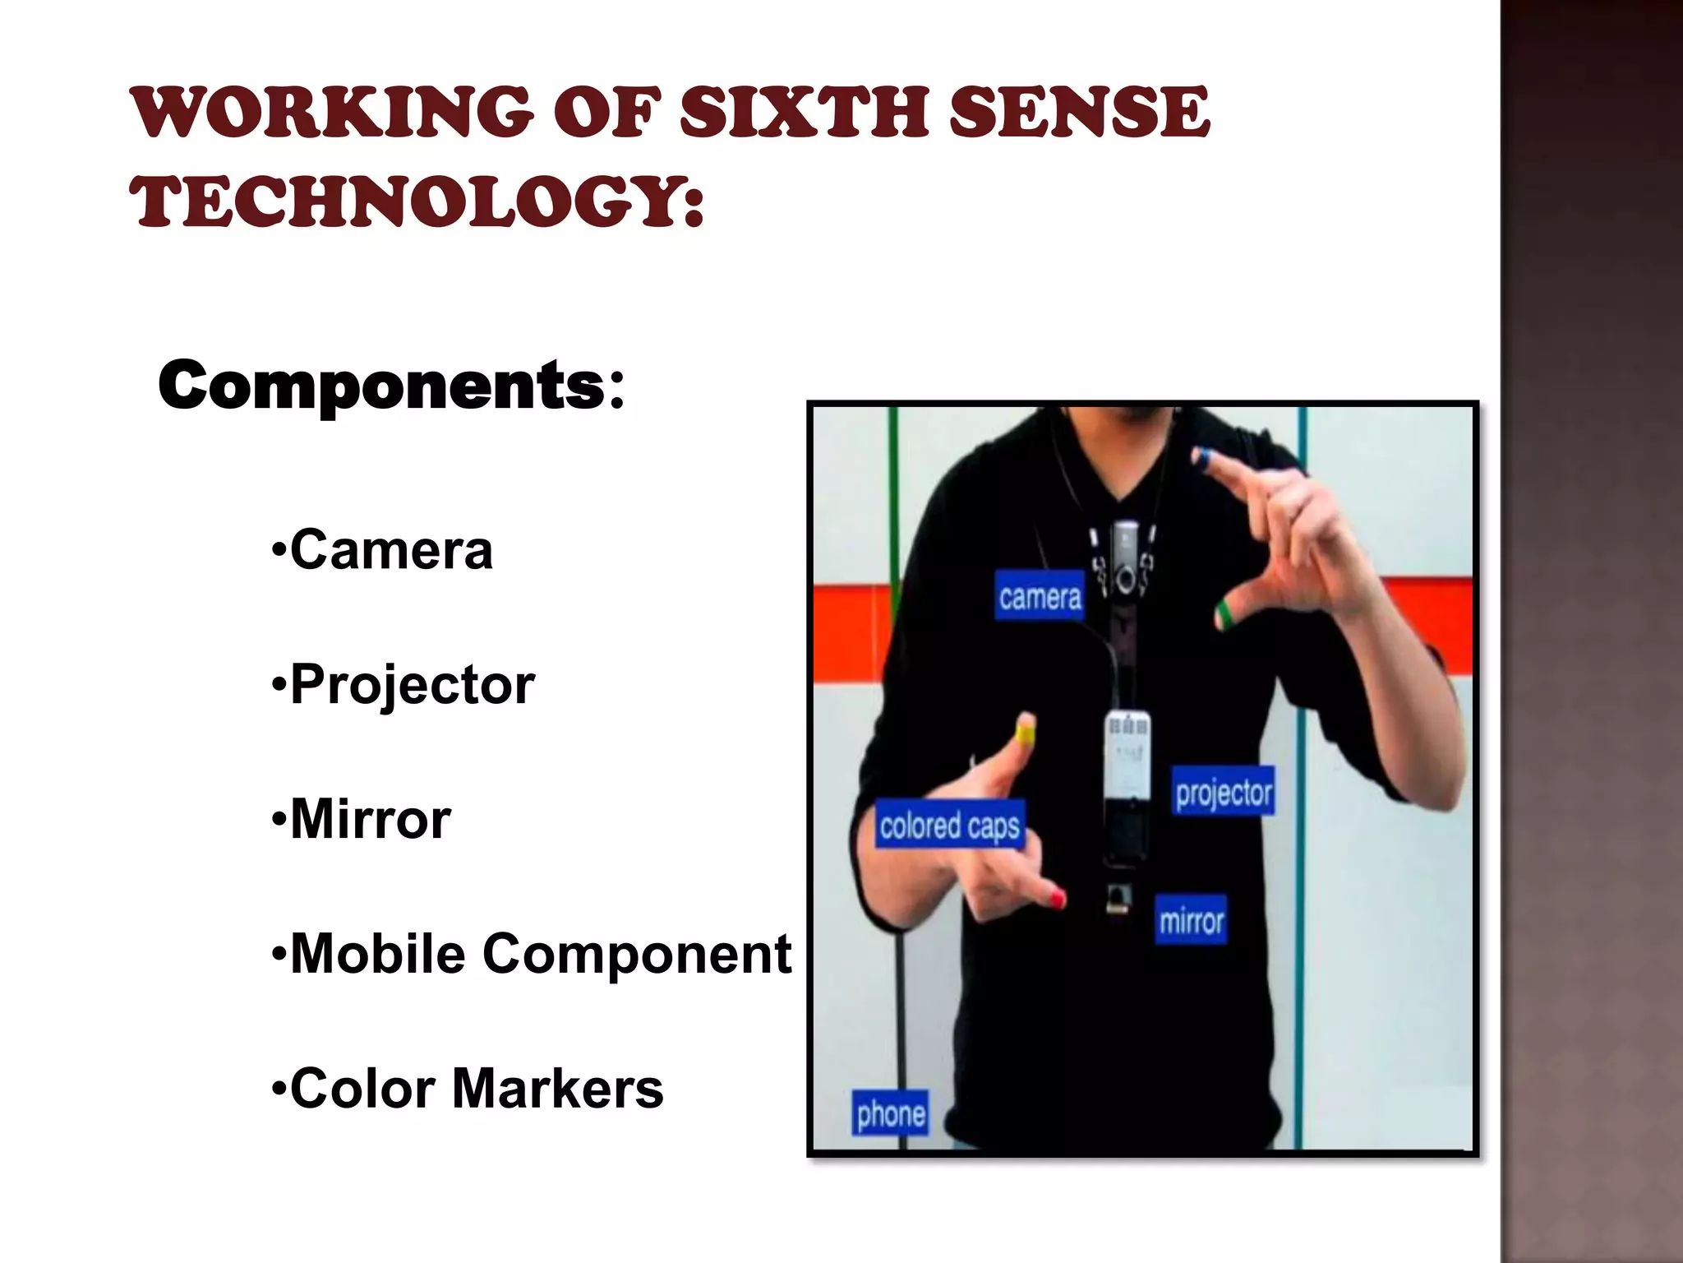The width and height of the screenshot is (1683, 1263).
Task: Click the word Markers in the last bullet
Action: (557, 1089)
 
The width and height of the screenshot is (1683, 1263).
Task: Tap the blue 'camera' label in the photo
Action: (1040, 596)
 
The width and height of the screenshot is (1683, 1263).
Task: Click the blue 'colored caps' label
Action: (950, 825)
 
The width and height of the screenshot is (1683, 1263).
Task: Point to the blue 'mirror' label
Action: (1191, 920)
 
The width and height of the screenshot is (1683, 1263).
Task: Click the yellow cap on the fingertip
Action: (1026, 729)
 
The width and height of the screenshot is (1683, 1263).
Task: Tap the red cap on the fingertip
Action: (1058, 898)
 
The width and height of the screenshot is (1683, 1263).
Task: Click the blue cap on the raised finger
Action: (1202, 458)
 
